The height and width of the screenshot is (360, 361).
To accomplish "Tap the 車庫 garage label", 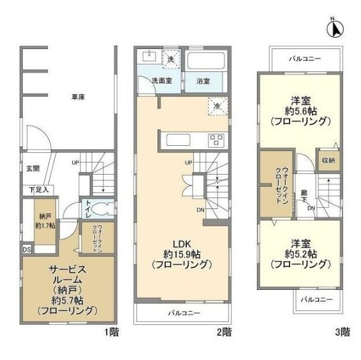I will [x=78, y=97].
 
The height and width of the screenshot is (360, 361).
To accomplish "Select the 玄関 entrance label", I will [x=33, y=168].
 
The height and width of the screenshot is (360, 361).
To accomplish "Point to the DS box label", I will [x=26, y=248].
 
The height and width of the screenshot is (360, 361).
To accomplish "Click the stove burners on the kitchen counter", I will [x=216, y=139].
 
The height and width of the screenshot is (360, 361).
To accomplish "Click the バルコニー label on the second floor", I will [x=184, y=313].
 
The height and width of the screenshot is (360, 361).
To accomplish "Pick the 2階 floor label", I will [x=224, y=332].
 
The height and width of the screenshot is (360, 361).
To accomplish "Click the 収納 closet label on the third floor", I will [x=328, y=160].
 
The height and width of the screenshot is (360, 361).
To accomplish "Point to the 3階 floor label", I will [x=341, y=332].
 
